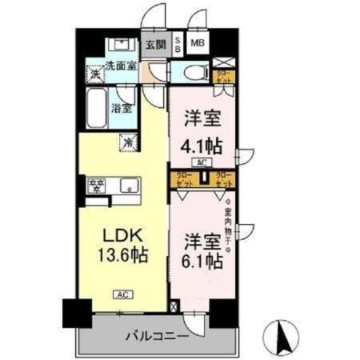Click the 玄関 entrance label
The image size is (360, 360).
[154, 45]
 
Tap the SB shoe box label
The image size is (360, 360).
[178, 45]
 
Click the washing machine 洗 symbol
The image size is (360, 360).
[95, 74]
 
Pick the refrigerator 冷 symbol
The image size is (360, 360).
[127, 142]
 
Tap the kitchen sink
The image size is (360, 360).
[129, 186]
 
